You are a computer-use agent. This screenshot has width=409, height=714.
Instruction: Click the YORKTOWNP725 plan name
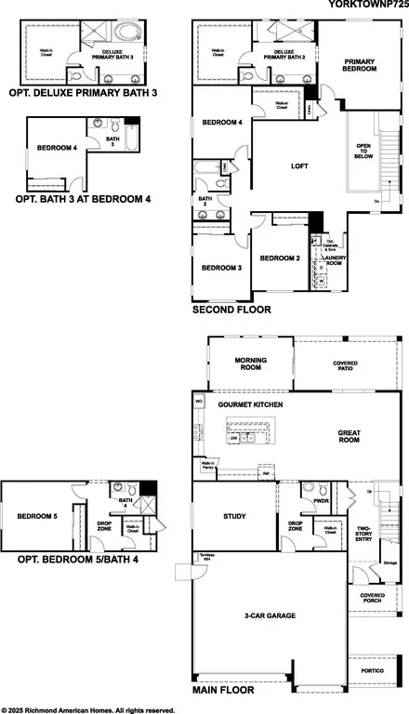click(x=366, y=6)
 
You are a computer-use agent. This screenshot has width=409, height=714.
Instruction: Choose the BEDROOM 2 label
click(x=279, y=258)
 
